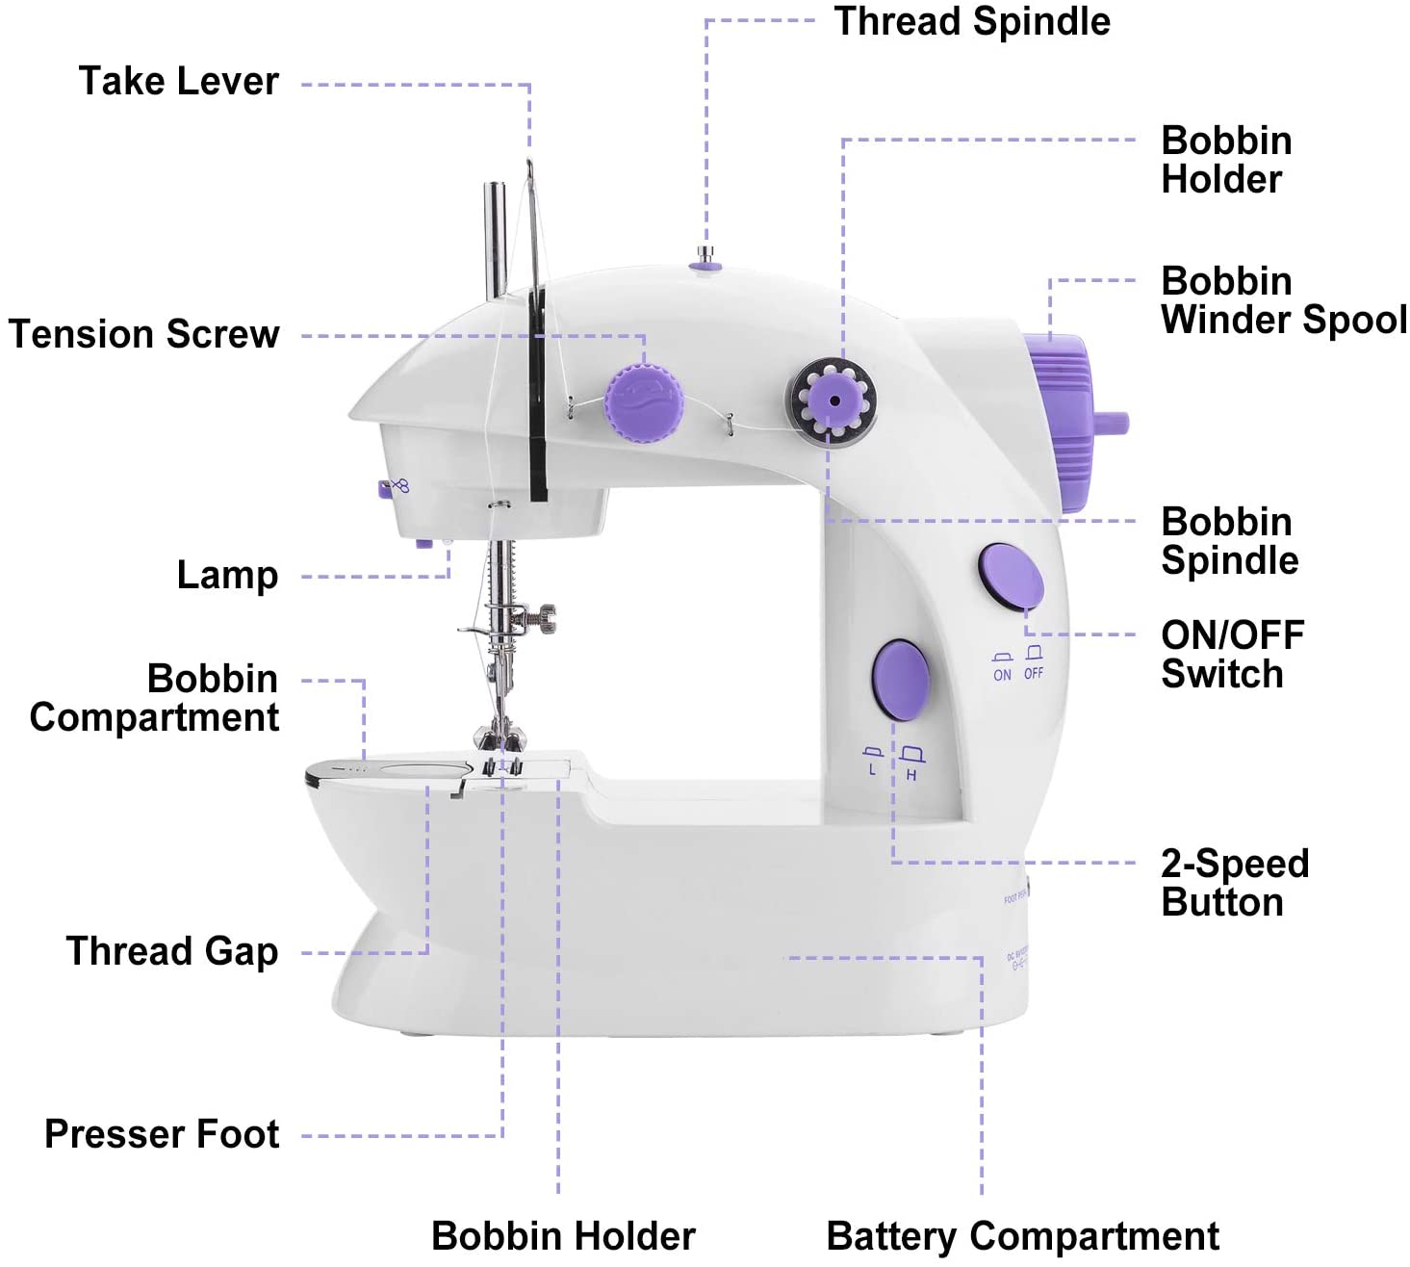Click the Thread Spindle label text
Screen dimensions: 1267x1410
[971, 21]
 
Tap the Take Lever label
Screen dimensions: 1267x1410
[178, 81]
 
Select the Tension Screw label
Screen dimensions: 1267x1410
[143, 334]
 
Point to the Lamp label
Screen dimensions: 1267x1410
[227, 575]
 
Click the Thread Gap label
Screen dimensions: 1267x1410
[171, 951]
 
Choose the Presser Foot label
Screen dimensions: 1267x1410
[162, 1134]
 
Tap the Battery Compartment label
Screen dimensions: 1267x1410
[1022, 1236]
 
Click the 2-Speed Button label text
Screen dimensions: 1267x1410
[1234, 883]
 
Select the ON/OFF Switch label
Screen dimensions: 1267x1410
[1232, 655]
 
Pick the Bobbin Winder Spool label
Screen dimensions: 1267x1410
[1283, 300]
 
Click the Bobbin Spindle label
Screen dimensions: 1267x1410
[1229, 541]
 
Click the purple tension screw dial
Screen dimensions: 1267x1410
[643, 402]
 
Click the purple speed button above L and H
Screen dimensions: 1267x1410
[902, 680]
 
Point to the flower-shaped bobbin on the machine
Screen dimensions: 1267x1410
[833, 401]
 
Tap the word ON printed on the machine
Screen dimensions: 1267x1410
[1002, 675]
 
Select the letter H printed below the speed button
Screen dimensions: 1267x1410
[911, 775]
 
